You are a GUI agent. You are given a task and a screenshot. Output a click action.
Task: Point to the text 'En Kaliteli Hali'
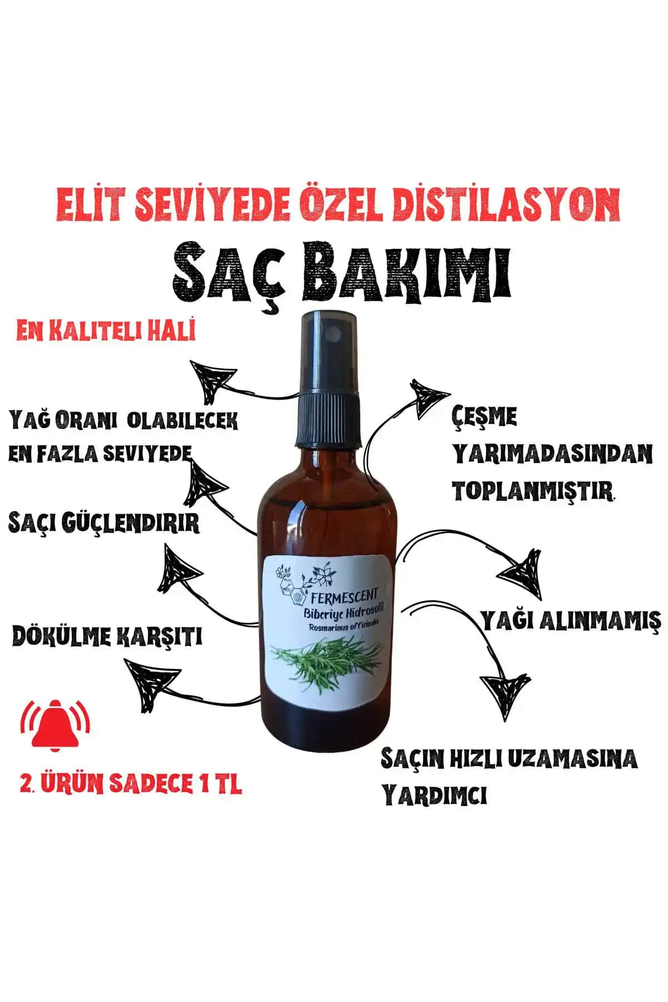pos(106,332)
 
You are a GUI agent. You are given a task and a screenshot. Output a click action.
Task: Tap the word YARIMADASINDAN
pos(552,454)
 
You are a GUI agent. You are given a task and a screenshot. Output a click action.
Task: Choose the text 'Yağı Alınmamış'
pos(571,620)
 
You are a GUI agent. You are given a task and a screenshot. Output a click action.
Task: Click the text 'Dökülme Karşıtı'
pos(106,637)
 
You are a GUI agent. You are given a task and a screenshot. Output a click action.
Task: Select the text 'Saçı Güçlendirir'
pos(104,523)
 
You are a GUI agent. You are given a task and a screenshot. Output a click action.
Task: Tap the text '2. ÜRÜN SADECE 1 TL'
pos(130,784)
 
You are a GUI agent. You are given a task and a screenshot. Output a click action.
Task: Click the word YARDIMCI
pos(434,795)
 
